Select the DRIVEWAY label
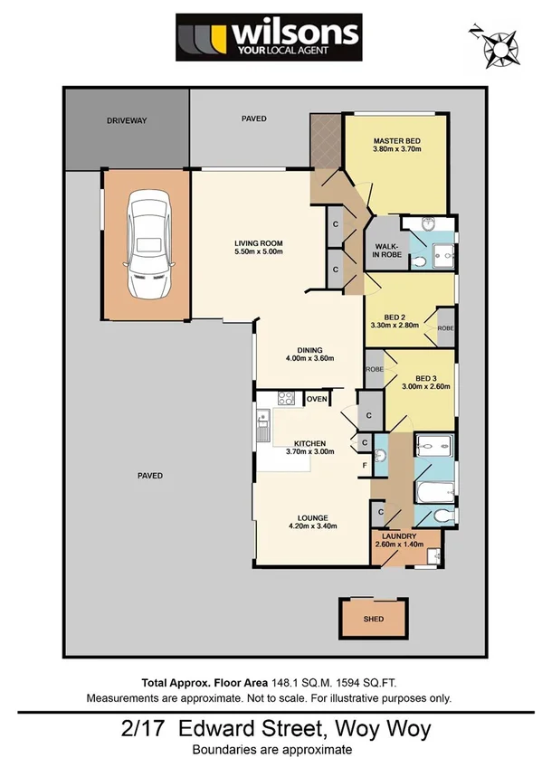pyautogui.click(x=126, y=120)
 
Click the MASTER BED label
pyautogui.click(x=396, y=141)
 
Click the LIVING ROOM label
pyautogui.click(x=260, y=243)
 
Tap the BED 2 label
pyautogui.click(x=395, y=317)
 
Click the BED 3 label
pyautogui.click(x=425, y=378)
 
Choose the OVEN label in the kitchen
pyautogui.click(x=316, y=399)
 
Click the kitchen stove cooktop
pyautogui.click(x=285, y=398)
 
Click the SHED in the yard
pyautogui.click(x=374, y=619)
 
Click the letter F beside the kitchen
pyautogui.click(x=364, y=466)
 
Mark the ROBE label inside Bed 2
pyautogui.click(x=445, y=328)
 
